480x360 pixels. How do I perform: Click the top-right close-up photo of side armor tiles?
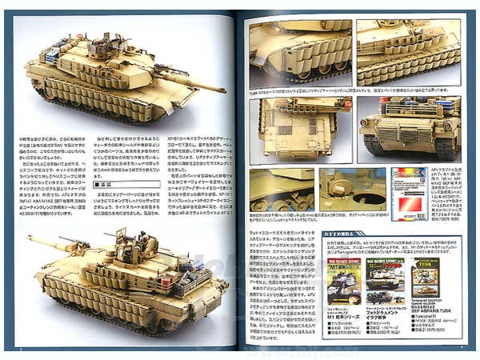coord(408,51)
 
